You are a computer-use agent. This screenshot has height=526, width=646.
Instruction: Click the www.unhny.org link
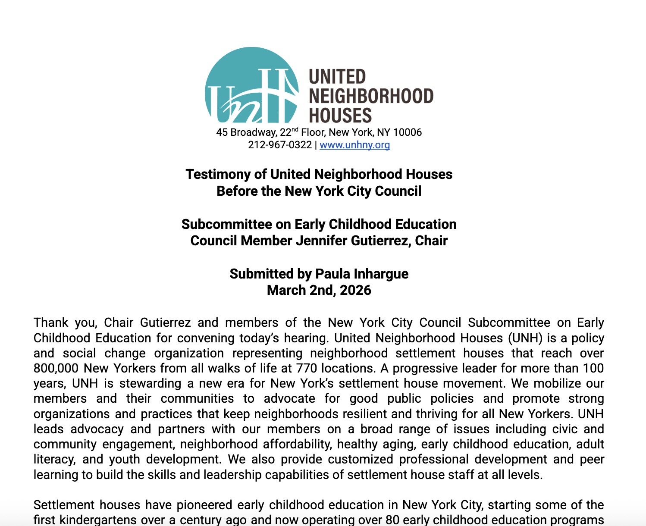pyautogui.click(x=354, y=145)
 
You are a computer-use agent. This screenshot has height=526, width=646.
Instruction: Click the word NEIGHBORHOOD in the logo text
pyautogui.click(x=371, y=96)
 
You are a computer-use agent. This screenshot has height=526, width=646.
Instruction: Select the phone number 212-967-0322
pyautogui.click(x=279, y=145)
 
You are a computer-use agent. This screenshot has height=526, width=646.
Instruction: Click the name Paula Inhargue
pyautogui.click(x=362, y=274)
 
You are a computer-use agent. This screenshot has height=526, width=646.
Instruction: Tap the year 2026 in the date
pyautogui.click(x=355, y=290)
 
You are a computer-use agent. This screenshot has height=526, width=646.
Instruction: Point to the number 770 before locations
pyautogui.click(x=307, y=368)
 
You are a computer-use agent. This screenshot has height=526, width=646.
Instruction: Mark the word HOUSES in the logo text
pyautogui.click(x=340, y=116)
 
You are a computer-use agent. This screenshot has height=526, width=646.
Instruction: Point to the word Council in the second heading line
pyautogui.click(x=398, y=191)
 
